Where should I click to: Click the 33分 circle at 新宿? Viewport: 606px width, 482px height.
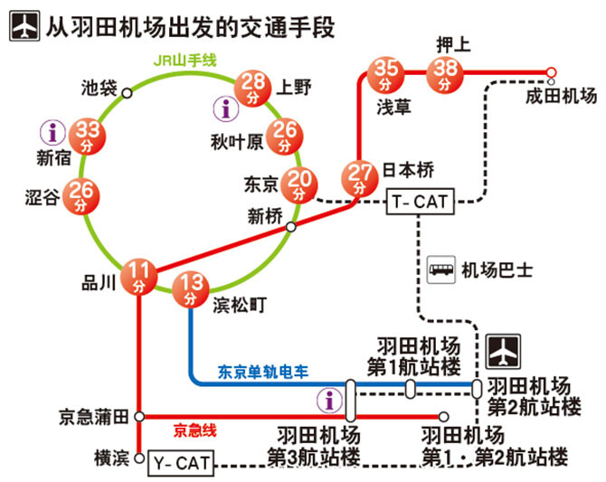(x=88, y=136)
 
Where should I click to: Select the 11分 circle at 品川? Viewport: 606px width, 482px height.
(x=138, y=277)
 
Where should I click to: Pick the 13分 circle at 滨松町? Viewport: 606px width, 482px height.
(x=191, y=289)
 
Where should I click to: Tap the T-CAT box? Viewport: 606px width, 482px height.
(x=418, y=202)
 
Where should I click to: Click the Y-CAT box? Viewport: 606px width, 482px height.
(x=180, y=464)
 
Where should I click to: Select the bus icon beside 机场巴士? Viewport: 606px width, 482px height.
(x=440, y=269)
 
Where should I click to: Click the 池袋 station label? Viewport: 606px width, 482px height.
(x=98, y=89)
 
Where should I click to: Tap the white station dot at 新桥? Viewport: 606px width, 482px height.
(x=290, y=227)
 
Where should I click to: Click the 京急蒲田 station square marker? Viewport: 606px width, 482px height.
(x=138, y=416)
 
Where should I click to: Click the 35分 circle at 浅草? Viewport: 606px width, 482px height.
(x=387, y=72)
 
